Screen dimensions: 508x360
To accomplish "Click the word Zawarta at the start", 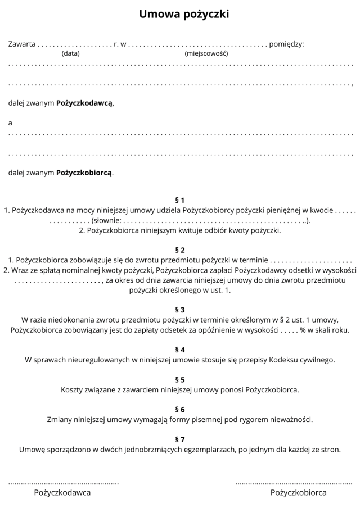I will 21,44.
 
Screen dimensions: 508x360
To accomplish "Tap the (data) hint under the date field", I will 70,54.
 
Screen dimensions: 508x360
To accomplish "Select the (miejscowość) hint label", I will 206,54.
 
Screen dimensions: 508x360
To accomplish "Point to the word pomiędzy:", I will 287,44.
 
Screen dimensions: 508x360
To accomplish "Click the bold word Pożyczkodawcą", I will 84,103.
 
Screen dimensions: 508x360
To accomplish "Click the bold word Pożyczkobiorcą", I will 84,173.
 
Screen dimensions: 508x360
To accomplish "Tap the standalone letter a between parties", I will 10,123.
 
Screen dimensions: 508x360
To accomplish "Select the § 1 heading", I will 180,200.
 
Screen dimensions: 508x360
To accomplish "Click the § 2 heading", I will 180,250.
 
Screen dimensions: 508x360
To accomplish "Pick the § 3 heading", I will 180,310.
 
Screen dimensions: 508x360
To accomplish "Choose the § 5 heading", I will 180,379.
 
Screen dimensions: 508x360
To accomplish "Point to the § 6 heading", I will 180,409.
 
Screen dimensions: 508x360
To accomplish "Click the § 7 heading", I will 180,439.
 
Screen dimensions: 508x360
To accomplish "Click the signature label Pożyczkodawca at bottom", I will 62,493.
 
